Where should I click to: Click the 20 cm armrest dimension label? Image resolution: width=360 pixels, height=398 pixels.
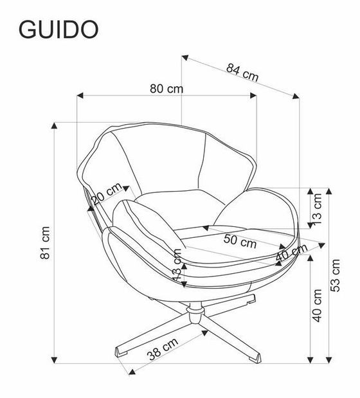(x=106, y=194)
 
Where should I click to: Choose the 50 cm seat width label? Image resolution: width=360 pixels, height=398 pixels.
(x=240, y=243)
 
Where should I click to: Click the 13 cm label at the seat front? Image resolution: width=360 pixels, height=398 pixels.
(x=177, y=266)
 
